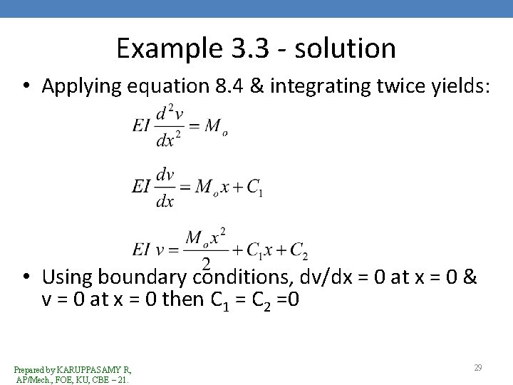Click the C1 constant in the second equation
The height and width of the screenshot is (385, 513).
tap(254, 186)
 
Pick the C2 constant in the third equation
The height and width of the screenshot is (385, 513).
tap(299, 250)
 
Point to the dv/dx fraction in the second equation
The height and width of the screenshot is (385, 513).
tap(165, 187)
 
